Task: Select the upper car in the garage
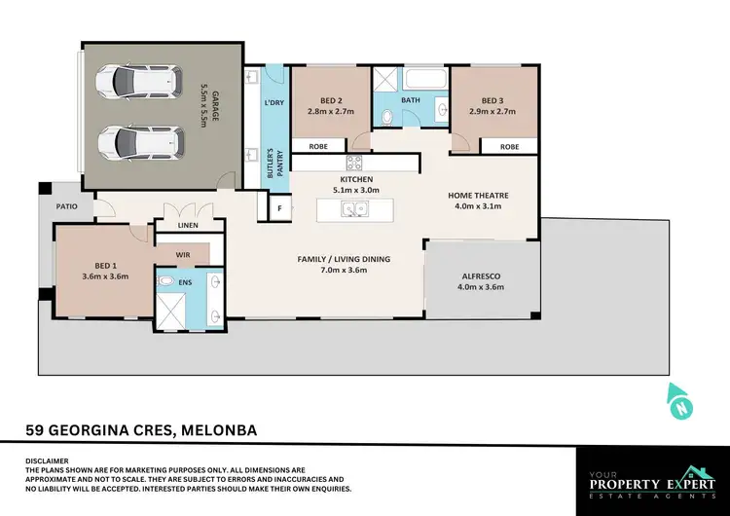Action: (x=140, y=84)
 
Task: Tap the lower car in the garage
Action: (x=140, y=141)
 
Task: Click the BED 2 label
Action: (x=331, y=100)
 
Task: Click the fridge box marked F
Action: (x=280, y=207)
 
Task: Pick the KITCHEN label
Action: (x=350, y=180)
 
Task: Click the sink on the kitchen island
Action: (x=350, y=209)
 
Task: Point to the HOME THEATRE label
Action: (x=478, y=195)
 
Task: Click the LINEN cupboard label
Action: (x=188, y=226)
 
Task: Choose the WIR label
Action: (x=182, y=254)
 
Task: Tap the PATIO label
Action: (x=65, y=205)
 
